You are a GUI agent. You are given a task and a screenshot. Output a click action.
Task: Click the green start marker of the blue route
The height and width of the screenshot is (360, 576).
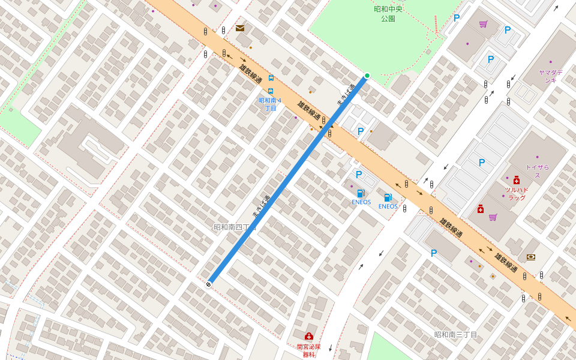[367, 76]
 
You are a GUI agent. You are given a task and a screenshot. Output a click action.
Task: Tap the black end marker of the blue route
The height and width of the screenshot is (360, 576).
[209, 284]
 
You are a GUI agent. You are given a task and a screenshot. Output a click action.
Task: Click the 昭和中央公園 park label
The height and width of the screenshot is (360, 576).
[388, 14]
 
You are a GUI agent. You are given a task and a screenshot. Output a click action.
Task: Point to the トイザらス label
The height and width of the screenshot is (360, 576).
[537, 171]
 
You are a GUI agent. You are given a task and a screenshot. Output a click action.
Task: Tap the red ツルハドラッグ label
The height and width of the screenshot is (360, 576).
[517, 194]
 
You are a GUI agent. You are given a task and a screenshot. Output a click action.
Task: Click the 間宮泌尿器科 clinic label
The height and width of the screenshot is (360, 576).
[308, 350]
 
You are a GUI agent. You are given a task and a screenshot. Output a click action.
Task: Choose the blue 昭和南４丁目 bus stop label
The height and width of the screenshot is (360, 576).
[270, 104]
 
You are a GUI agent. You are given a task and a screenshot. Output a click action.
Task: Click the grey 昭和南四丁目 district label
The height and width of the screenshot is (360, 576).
[235, 227]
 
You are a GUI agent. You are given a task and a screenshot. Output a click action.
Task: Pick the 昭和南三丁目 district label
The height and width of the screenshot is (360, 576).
[455, 334]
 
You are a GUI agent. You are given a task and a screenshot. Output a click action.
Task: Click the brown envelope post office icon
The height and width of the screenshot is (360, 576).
[240, 28]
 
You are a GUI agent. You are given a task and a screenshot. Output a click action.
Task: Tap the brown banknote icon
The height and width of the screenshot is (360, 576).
[531, 257]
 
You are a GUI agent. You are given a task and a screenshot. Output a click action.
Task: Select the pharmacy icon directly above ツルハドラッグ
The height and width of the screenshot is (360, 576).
[517, 179]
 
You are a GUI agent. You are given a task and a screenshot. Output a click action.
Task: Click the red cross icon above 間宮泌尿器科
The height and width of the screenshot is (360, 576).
[309, 336]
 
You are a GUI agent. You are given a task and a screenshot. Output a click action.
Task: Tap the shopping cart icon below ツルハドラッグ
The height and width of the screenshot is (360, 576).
[493, 217]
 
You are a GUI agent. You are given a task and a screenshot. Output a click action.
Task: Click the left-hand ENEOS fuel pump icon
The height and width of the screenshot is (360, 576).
[361, 193]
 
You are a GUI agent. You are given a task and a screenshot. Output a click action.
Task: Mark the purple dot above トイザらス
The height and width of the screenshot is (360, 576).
[537, 157]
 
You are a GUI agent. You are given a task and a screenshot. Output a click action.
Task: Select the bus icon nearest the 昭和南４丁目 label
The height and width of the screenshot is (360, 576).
[271, 91]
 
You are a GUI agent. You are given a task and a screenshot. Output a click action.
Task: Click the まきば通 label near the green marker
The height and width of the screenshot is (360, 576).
[346, 95]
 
